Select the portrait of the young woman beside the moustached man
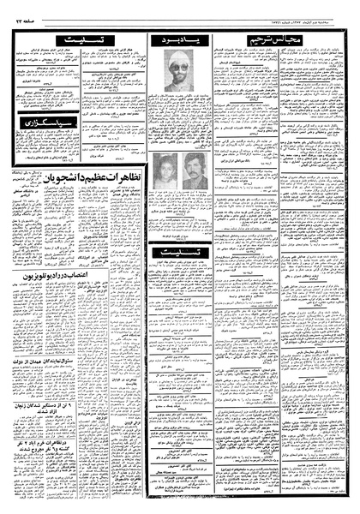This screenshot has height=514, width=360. (x=167, y=166)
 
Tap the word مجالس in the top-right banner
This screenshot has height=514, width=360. (x=318, y=40)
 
